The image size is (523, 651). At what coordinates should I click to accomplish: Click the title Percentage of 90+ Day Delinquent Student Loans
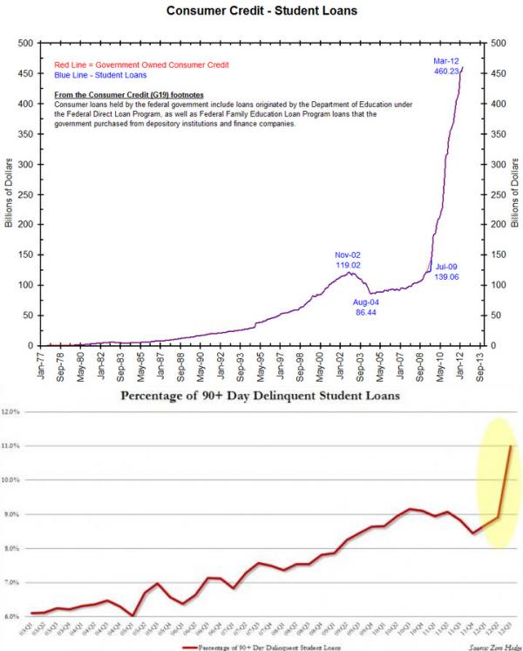point(262,397)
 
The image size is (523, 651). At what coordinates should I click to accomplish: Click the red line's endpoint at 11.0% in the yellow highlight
point(511,446)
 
